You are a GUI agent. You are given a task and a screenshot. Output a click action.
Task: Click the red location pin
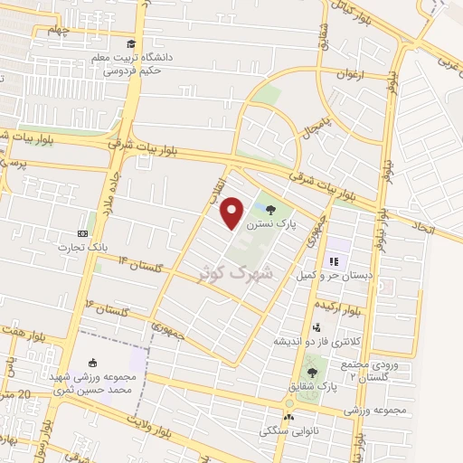[232, 213]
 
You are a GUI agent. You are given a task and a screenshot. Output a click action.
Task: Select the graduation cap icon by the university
[132, 44]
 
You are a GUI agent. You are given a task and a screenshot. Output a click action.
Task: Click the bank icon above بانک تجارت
[84, 233]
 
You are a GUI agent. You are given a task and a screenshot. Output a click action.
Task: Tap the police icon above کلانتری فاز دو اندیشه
[316, 328]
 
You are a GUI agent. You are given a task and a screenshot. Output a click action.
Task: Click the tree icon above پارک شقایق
[312, 372]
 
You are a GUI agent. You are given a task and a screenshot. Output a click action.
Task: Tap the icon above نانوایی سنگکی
[288, 418]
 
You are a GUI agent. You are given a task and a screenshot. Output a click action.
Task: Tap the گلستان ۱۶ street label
[109, 308]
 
